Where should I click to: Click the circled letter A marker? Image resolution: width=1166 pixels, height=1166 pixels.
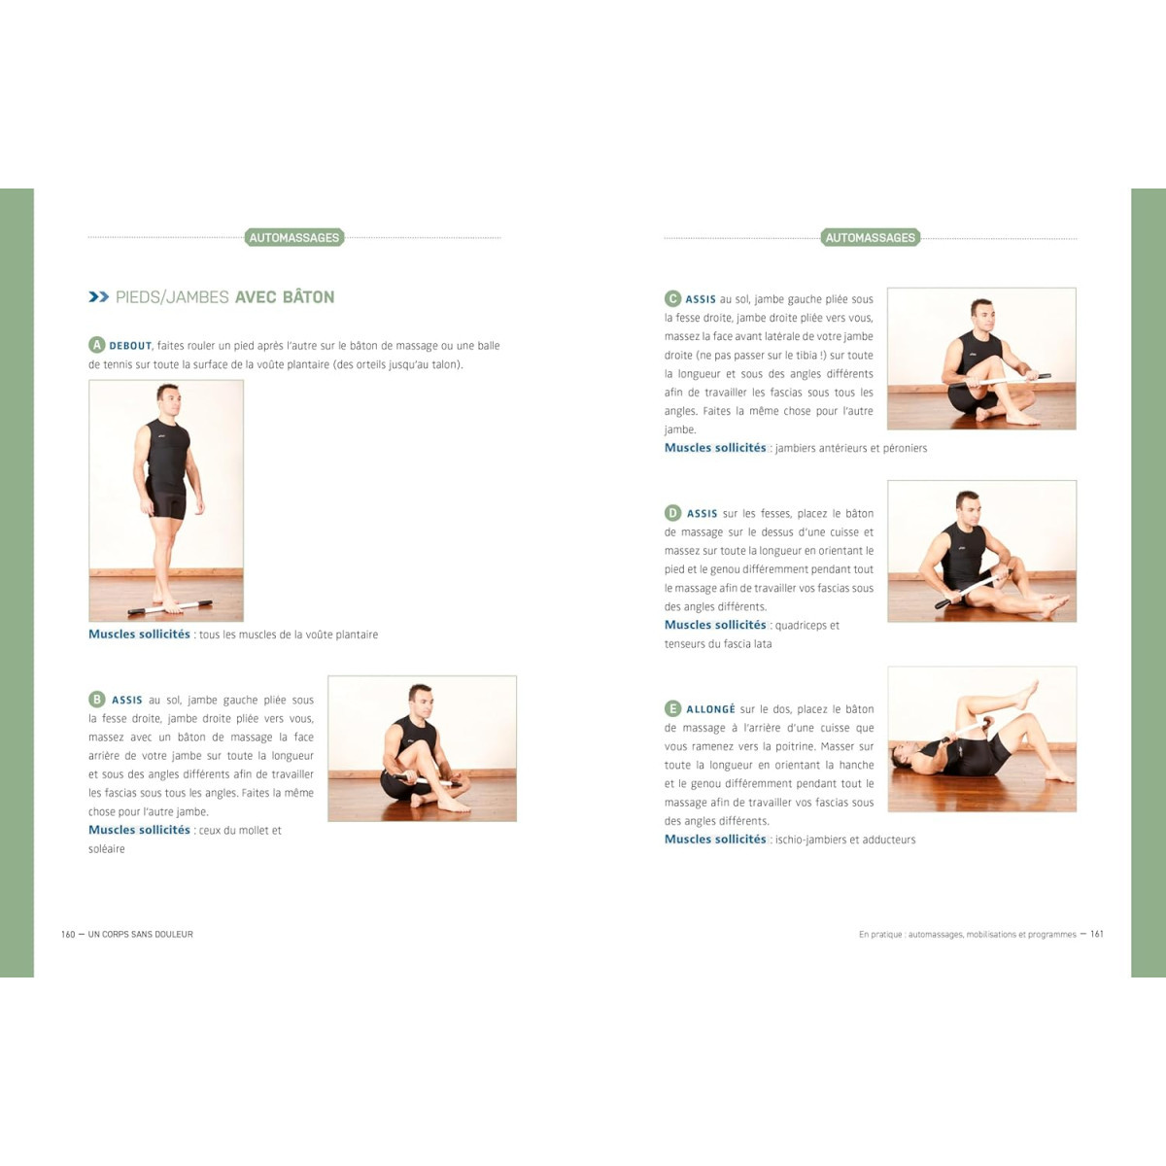coord(96,345)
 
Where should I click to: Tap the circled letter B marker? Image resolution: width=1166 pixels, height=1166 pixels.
coord(97,699)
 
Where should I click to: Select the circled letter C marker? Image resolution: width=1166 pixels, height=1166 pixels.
coord(672,298)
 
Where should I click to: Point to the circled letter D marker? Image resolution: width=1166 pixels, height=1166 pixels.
coord(672,513)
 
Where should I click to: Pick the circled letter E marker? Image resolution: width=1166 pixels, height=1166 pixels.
coord(672,708)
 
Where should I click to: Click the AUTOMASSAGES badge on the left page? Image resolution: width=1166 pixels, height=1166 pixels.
coord(294,237)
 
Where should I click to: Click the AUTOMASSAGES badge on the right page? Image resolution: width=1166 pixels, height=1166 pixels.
coord(870,237)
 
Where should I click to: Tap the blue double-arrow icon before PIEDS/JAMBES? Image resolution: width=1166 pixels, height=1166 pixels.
coord(99,296)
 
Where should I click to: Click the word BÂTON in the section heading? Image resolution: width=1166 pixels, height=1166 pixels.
coord(308,296)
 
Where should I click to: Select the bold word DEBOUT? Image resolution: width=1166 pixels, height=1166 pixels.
coord(130,346)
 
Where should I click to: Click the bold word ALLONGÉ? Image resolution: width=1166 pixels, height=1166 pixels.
coord(710,709)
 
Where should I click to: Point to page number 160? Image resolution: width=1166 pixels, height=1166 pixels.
coord(68,934)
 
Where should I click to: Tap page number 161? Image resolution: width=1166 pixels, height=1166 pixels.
coord(1097,934)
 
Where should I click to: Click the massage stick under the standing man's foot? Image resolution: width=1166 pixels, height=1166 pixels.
coord(170,607)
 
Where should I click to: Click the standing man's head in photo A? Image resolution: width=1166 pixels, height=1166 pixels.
coord(167,400)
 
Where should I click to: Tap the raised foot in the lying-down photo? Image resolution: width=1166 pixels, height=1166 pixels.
coord(1026,696)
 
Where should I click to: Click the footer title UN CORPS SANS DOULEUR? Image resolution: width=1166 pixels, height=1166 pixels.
coord(140,934)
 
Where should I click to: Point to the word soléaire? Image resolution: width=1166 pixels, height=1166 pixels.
coord(107,849)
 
